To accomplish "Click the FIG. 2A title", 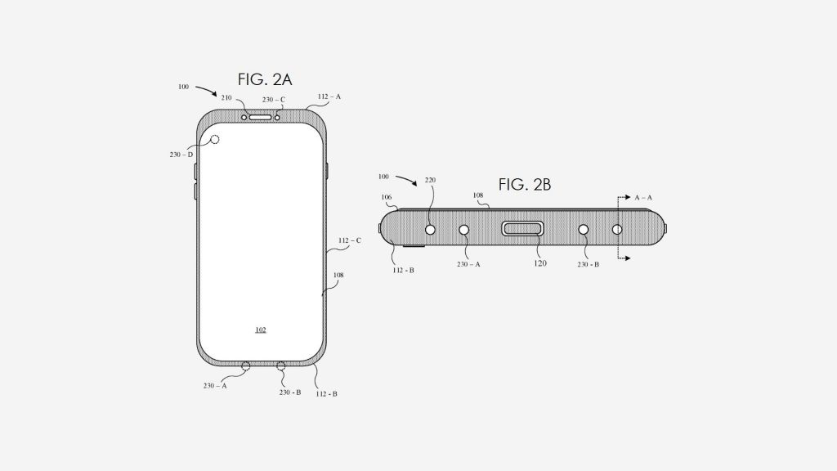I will coord(265,79).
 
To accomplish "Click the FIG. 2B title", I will coord(525,185).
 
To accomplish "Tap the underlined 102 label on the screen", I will coord(260,330).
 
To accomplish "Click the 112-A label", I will coord(329,96).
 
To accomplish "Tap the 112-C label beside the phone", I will coord(349,241).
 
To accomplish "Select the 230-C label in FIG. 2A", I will coord(273,100).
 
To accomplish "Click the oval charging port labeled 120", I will coord(523,230).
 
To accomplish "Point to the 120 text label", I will coord(540,264).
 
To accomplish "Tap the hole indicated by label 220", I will coord(431,230).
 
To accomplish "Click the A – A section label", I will coord(643,198).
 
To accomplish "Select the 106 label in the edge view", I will coord(387,197).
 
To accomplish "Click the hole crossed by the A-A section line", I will coord(618,230).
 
